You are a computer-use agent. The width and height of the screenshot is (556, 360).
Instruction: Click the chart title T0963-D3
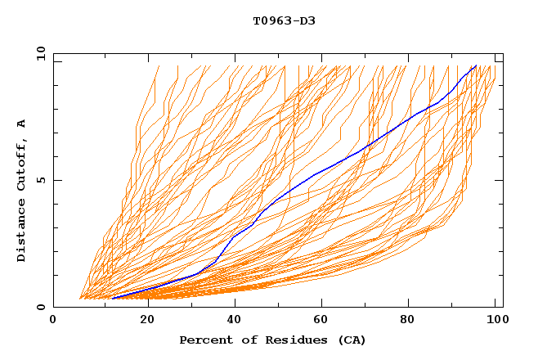284,20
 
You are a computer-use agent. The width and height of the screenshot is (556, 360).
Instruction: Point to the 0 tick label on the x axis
53,321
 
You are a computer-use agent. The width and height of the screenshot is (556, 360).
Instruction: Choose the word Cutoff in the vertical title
21,166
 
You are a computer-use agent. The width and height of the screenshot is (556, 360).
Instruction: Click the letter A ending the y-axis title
21,124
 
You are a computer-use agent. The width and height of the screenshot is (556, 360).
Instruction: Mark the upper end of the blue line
476,65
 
